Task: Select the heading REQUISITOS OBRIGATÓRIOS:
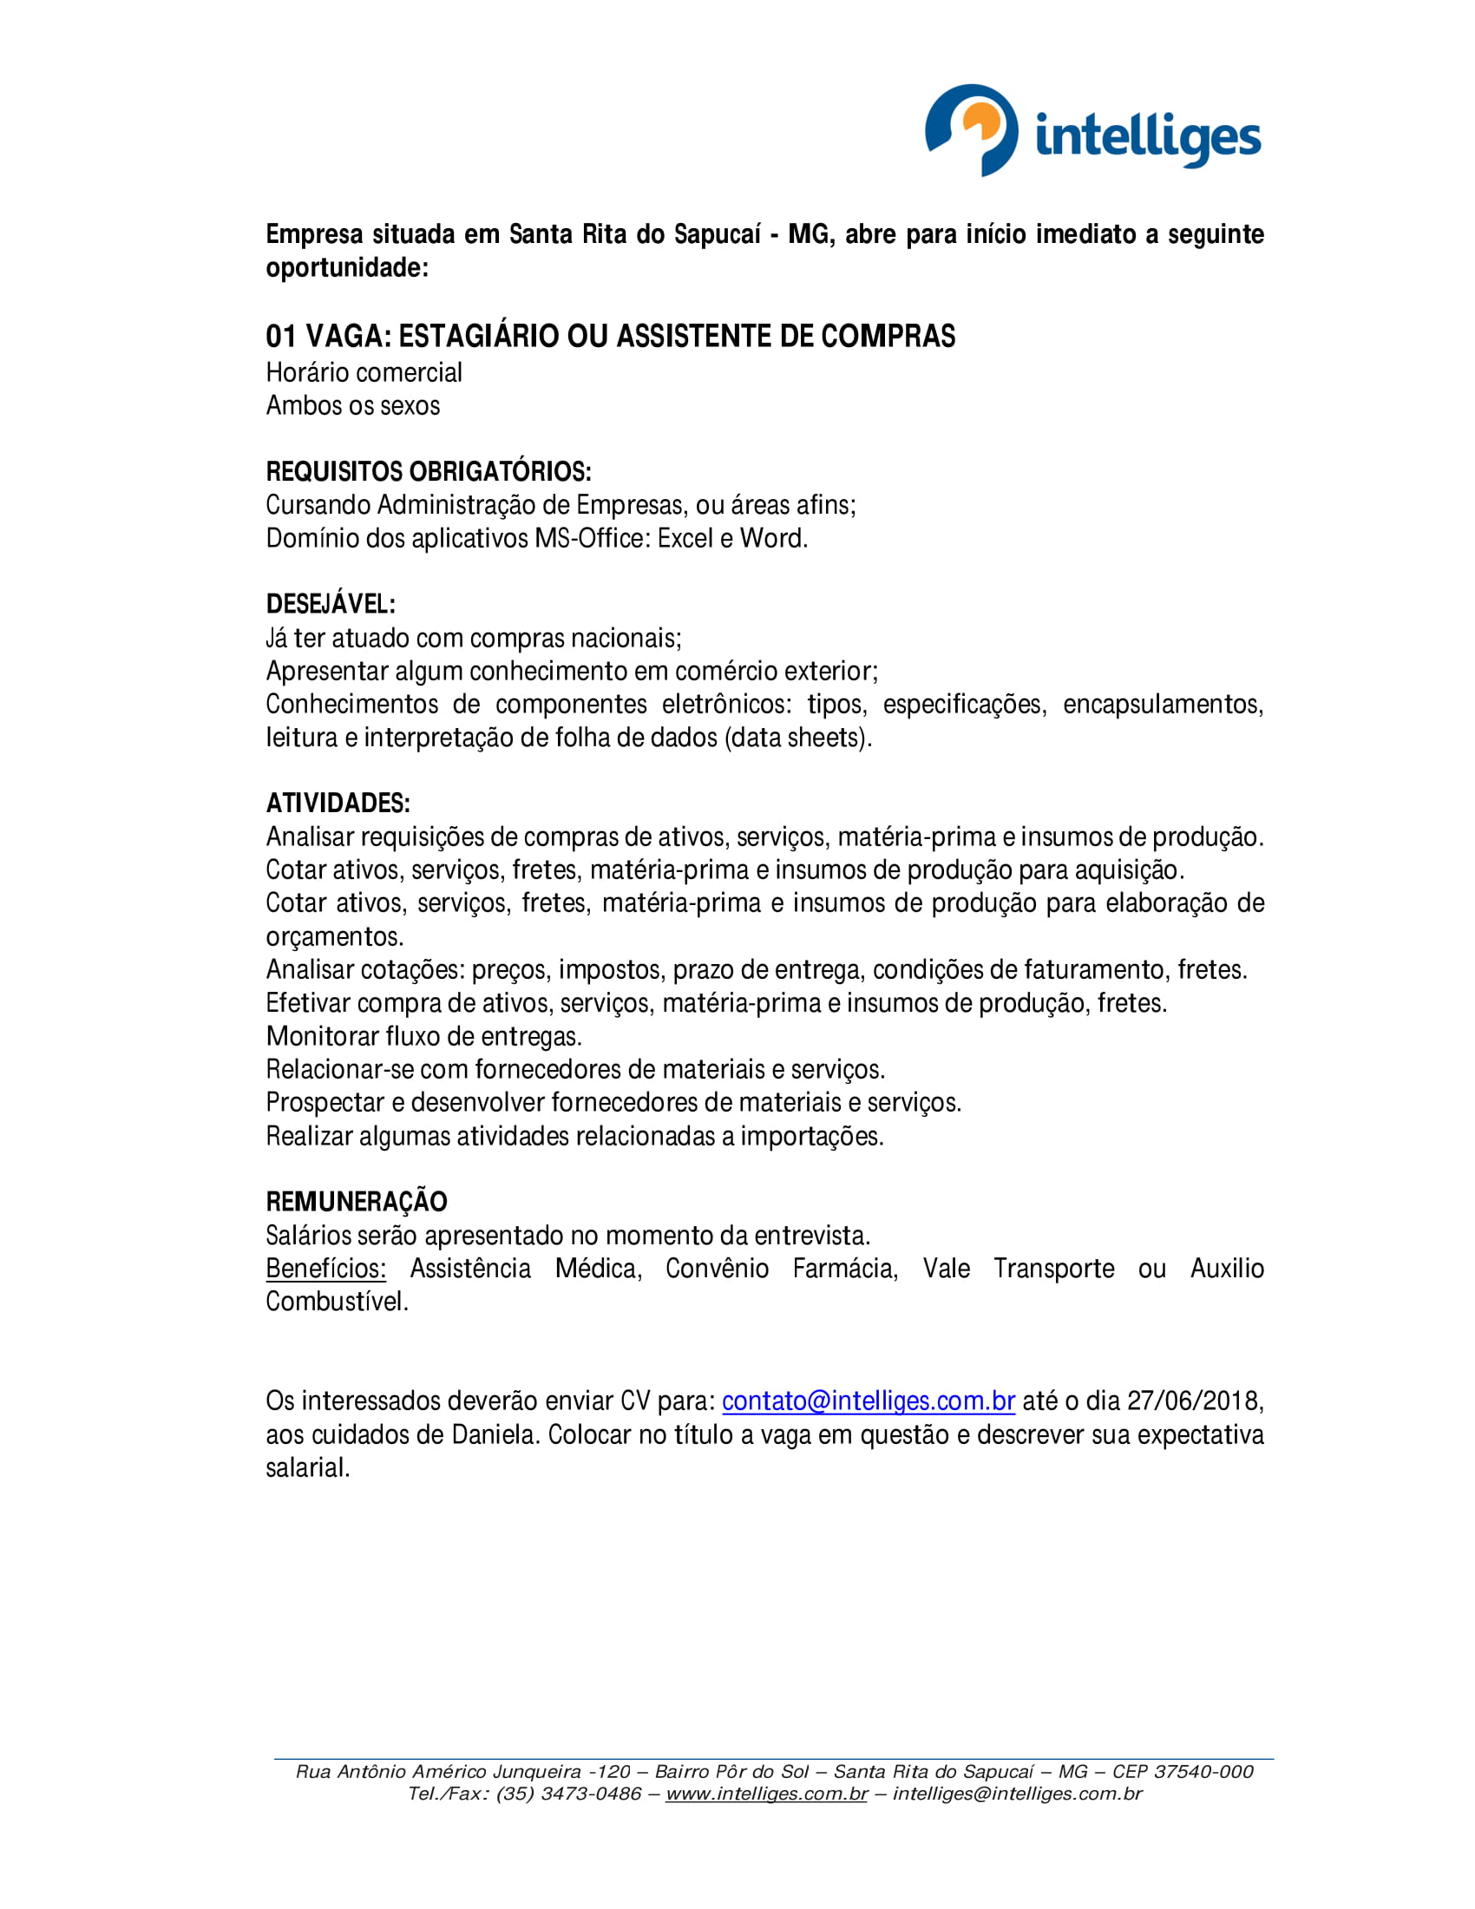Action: click(428, 472)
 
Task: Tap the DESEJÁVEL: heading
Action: click(331, 604)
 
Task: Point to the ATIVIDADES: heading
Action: click(338, 804)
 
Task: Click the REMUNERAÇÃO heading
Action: click(356, 1202)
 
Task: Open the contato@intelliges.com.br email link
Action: click(868, 1401)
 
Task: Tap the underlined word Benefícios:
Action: click(325, 1269)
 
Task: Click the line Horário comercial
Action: click(364, 372)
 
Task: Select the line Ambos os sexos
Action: click(352, 405)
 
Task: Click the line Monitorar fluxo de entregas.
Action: click(423, 1037)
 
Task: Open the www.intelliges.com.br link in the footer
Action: click(765, 1794)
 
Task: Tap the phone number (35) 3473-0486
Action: click(568, 1794)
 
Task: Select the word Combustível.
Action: click(337, 1302)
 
